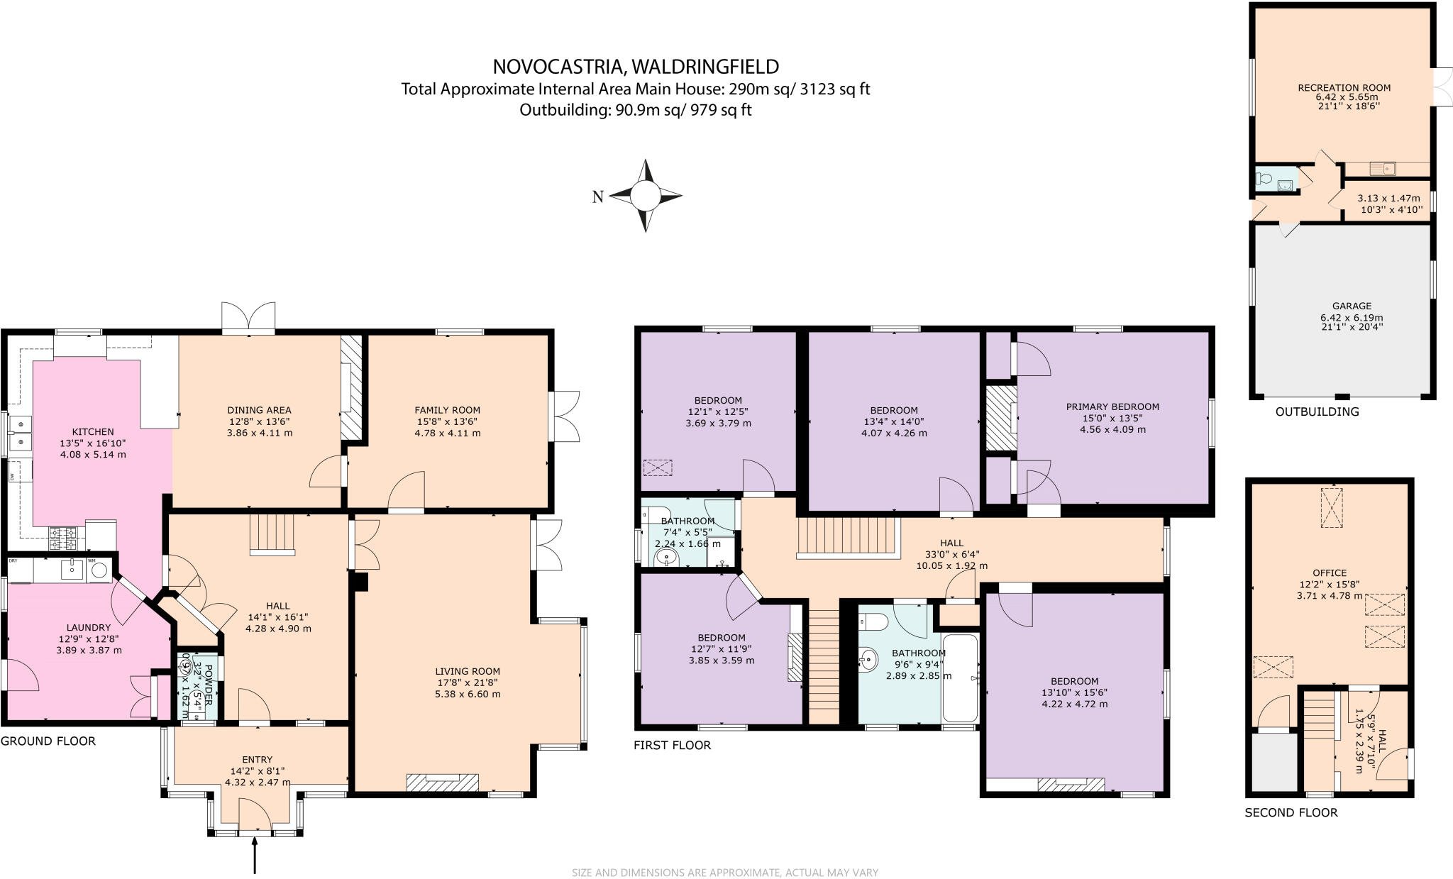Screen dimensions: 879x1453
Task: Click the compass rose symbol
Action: point(645,196)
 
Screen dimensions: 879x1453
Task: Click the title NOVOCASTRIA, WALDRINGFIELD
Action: point(636,67)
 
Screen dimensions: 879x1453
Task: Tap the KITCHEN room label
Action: point(92,431)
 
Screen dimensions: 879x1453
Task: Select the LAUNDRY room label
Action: point(89,627)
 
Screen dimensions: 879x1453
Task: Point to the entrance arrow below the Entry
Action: point(254,854)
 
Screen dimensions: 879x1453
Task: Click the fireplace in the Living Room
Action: point(442,782)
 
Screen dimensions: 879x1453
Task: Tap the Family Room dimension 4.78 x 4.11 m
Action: point(447,433)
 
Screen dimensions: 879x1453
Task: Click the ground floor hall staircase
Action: point(272,534)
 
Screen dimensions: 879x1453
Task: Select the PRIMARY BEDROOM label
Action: point(1112,407)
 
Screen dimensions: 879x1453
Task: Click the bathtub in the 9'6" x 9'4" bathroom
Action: point(959,678)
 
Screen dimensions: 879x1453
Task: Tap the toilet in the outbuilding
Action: point(1263,179)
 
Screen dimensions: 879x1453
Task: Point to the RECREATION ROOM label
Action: point(1344,88)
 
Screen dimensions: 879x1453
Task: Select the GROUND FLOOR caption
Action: point(48,741)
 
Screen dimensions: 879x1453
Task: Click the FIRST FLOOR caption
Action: point(672,745)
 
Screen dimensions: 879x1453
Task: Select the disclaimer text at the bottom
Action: point(724,873)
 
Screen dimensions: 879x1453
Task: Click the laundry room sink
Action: point(72,570)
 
